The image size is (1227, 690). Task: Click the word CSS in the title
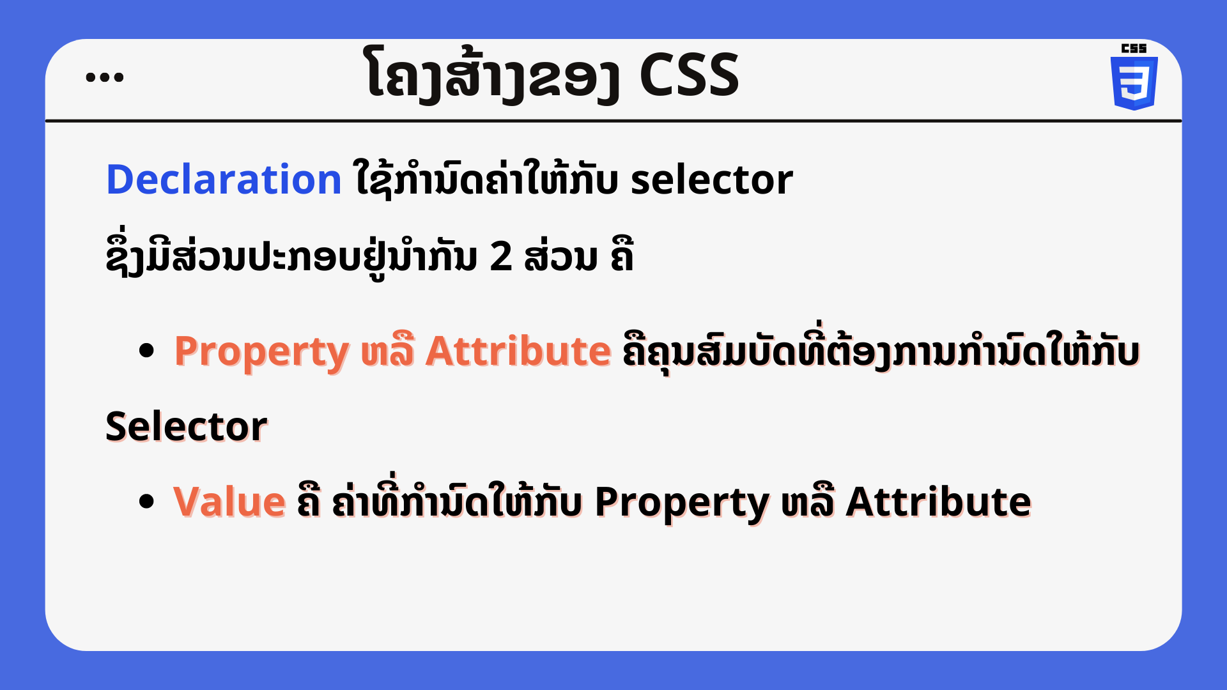(689, 75)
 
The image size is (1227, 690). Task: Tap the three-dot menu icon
(104, 77)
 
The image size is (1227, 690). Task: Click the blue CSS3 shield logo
(1134, 83)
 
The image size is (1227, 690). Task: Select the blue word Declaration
(224, 179)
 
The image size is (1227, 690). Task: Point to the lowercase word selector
(712, 180)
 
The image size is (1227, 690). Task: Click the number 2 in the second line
(501, 257)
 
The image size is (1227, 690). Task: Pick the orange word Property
(261, 352)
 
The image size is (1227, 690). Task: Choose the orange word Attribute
(518, 351)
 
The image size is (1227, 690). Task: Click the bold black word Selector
(186, 426)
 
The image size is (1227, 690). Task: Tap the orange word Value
(229, 502)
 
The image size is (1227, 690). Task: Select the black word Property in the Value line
(682, 503)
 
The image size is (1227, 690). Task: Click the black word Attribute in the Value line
(938, 502)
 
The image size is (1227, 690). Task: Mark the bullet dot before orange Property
(146, 350)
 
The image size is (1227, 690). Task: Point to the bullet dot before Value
(146, 501)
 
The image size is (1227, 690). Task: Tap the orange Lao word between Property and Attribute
(387, 351)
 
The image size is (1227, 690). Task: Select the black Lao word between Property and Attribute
(808, 502)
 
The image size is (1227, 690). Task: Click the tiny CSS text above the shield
(1134, 49)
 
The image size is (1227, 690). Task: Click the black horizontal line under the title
(613, 120)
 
